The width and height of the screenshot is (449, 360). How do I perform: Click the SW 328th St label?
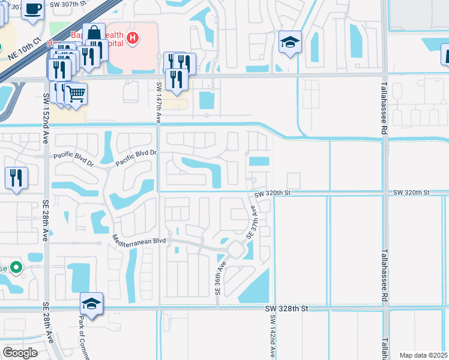tap(286, 308)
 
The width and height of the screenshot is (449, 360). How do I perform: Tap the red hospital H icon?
tap(133, 39)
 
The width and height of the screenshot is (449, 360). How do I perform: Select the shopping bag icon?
tap(94, 34)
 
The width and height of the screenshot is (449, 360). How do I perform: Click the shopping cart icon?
tap(76, 93)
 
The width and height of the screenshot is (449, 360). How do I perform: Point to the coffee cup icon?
tap(33, 9)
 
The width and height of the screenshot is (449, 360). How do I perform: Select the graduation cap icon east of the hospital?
tap(290, 42)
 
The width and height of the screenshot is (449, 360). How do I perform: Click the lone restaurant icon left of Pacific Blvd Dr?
tap(16, 177)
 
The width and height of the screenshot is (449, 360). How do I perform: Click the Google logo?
tap(20, 353)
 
